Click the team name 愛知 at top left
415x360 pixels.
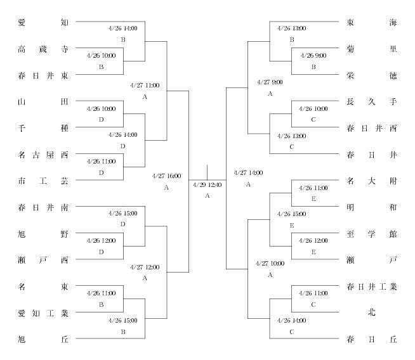43,22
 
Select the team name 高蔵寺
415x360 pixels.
43,49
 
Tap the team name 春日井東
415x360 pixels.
43,75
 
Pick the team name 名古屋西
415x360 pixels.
43,155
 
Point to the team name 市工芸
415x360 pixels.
43,181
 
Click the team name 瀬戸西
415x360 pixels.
43,260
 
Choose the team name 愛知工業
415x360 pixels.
43,313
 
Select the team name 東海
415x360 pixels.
372,22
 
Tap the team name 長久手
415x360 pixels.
372,101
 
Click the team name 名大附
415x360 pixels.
372,181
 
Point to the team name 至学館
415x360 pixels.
372,234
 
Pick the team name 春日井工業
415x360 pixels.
372,286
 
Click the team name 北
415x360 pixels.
372,312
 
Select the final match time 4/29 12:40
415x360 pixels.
208,185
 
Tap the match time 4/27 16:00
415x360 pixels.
166,176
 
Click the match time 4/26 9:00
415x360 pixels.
313,56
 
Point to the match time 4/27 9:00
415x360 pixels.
270,82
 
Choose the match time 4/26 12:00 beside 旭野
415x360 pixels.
101,241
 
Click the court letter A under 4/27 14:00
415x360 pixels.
248,184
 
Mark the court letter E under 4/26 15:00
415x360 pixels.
292,226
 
